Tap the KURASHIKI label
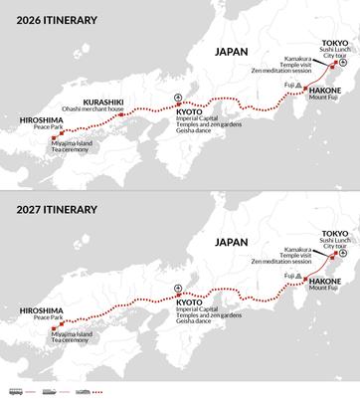click(103, 101)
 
